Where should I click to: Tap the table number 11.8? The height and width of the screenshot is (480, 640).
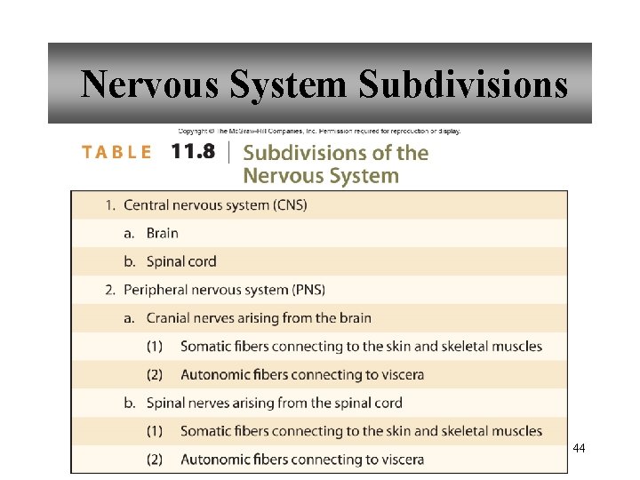click(x=193, y=151)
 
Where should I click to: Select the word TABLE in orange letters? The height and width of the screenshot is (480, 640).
click(x=116, y=152)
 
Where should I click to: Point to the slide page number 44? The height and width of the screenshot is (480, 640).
click(x=579, y=448)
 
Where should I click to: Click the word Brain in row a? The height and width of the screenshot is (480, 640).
click(x=162, y=233)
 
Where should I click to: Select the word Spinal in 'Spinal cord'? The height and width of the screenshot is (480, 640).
click(x=167, y=261)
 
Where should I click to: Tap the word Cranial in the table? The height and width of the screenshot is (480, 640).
click(x=172, y=318)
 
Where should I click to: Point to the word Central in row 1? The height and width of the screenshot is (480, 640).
click(x=148, y=204)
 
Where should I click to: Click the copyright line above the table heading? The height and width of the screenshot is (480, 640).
click(x=319, y=132)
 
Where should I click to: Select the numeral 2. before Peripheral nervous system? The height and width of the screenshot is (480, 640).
click(x=110, y=290)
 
